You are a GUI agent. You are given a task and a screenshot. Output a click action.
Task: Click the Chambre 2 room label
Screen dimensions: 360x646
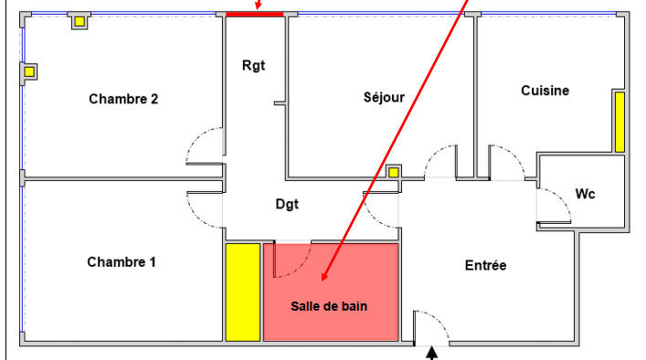(123, 99)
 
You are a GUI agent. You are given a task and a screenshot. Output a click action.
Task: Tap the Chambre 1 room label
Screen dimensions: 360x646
(122, 262)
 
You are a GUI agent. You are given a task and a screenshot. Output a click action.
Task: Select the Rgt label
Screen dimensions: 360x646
(253, 66)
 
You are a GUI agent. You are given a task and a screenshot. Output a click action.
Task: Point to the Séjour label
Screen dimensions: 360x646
(377, 97)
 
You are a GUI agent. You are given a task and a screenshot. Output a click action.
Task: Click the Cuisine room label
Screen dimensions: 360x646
(545, 90)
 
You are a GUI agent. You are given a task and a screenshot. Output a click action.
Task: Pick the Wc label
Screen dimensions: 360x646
(585, 194)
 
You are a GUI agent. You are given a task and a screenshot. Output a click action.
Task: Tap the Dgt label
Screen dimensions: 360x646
(287, 205)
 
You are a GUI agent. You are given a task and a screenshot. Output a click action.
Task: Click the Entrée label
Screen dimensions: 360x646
(485, 265)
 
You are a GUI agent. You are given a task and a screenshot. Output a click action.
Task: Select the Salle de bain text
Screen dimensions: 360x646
(329, 306)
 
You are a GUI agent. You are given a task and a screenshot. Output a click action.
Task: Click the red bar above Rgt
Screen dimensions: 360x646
(255, 14)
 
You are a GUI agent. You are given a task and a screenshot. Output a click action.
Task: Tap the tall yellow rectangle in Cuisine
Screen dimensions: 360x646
(619, 122)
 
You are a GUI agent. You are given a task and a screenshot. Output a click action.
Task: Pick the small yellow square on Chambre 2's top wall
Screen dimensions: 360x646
(80, 21)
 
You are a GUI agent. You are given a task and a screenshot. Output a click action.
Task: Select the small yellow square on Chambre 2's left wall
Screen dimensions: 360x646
(29, 71)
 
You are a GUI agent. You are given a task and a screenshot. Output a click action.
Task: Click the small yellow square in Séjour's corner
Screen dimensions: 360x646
(393, 171)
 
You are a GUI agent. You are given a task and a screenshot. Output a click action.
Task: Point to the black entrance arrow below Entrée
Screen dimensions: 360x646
(433, 350)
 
